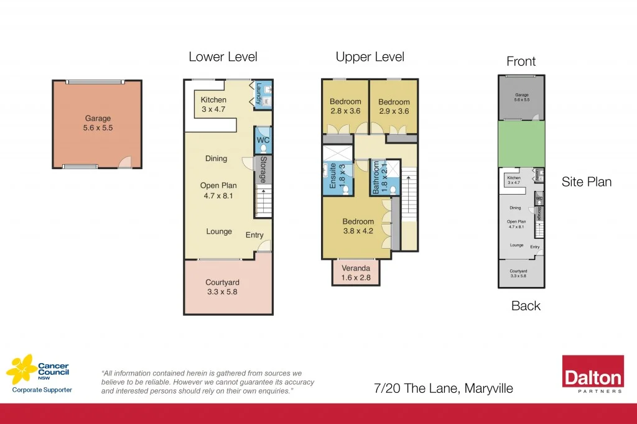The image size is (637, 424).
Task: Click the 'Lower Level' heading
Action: tap(223, 57)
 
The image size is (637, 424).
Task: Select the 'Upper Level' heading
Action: tap(370, 57)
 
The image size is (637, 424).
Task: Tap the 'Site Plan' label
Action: tap(586, 182)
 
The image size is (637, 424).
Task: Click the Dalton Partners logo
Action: tap(592, 375)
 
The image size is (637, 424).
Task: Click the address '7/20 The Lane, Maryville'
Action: tap(443, 389)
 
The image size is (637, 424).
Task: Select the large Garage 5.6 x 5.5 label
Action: tap(98, 123)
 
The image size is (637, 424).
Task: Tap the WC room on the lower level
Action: tap(263, 141)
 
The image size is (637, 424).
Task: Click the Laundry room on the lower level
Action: tap(263, 94)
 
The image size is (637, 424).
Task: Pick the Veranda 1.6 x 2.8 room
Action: tap(356, 272)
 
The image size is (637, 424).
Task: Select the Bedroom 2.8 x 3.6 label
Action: tap(345, 106)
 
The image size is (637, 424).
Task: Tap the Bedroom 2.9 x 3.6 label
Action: tap(394, 106)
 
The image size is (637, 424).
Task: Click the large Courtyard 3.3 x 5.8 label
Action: tap(222, 287)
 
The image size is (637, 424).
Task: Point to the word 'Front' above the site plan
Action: tap(521, 62)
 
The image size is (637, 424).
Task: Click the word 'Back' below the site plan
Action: tap(526, 306)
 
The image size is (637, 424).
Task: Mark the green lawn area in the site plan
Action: tap(521, 144)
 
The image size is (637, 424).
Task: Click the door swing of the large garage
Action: tap(126, 162)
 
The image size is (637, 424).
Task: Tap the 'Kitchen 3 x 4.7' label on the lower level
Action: tap(213, 104)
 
